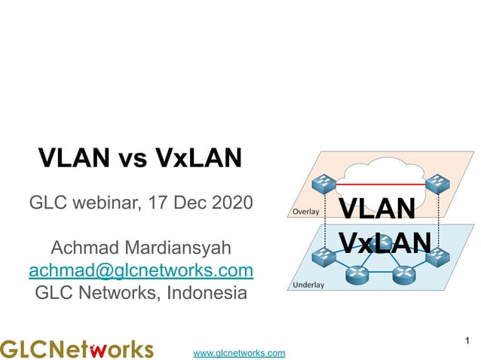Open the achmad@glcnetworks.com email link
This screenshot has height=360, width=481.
pyautogui.click(x=140, y=269)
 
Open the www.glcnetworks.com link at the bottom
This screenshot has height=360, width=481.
pyautogui.click(x=239, y=352)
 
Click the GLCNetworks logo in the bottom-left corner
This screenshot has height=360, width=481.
pyautogui.click(x=76, y=349)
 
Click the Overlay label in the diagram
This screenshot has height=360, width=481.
pyautogui.click(x=305, y=212)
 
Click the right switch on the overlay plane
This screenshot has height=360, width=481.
pyautogui.click(x=434, y=182)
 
